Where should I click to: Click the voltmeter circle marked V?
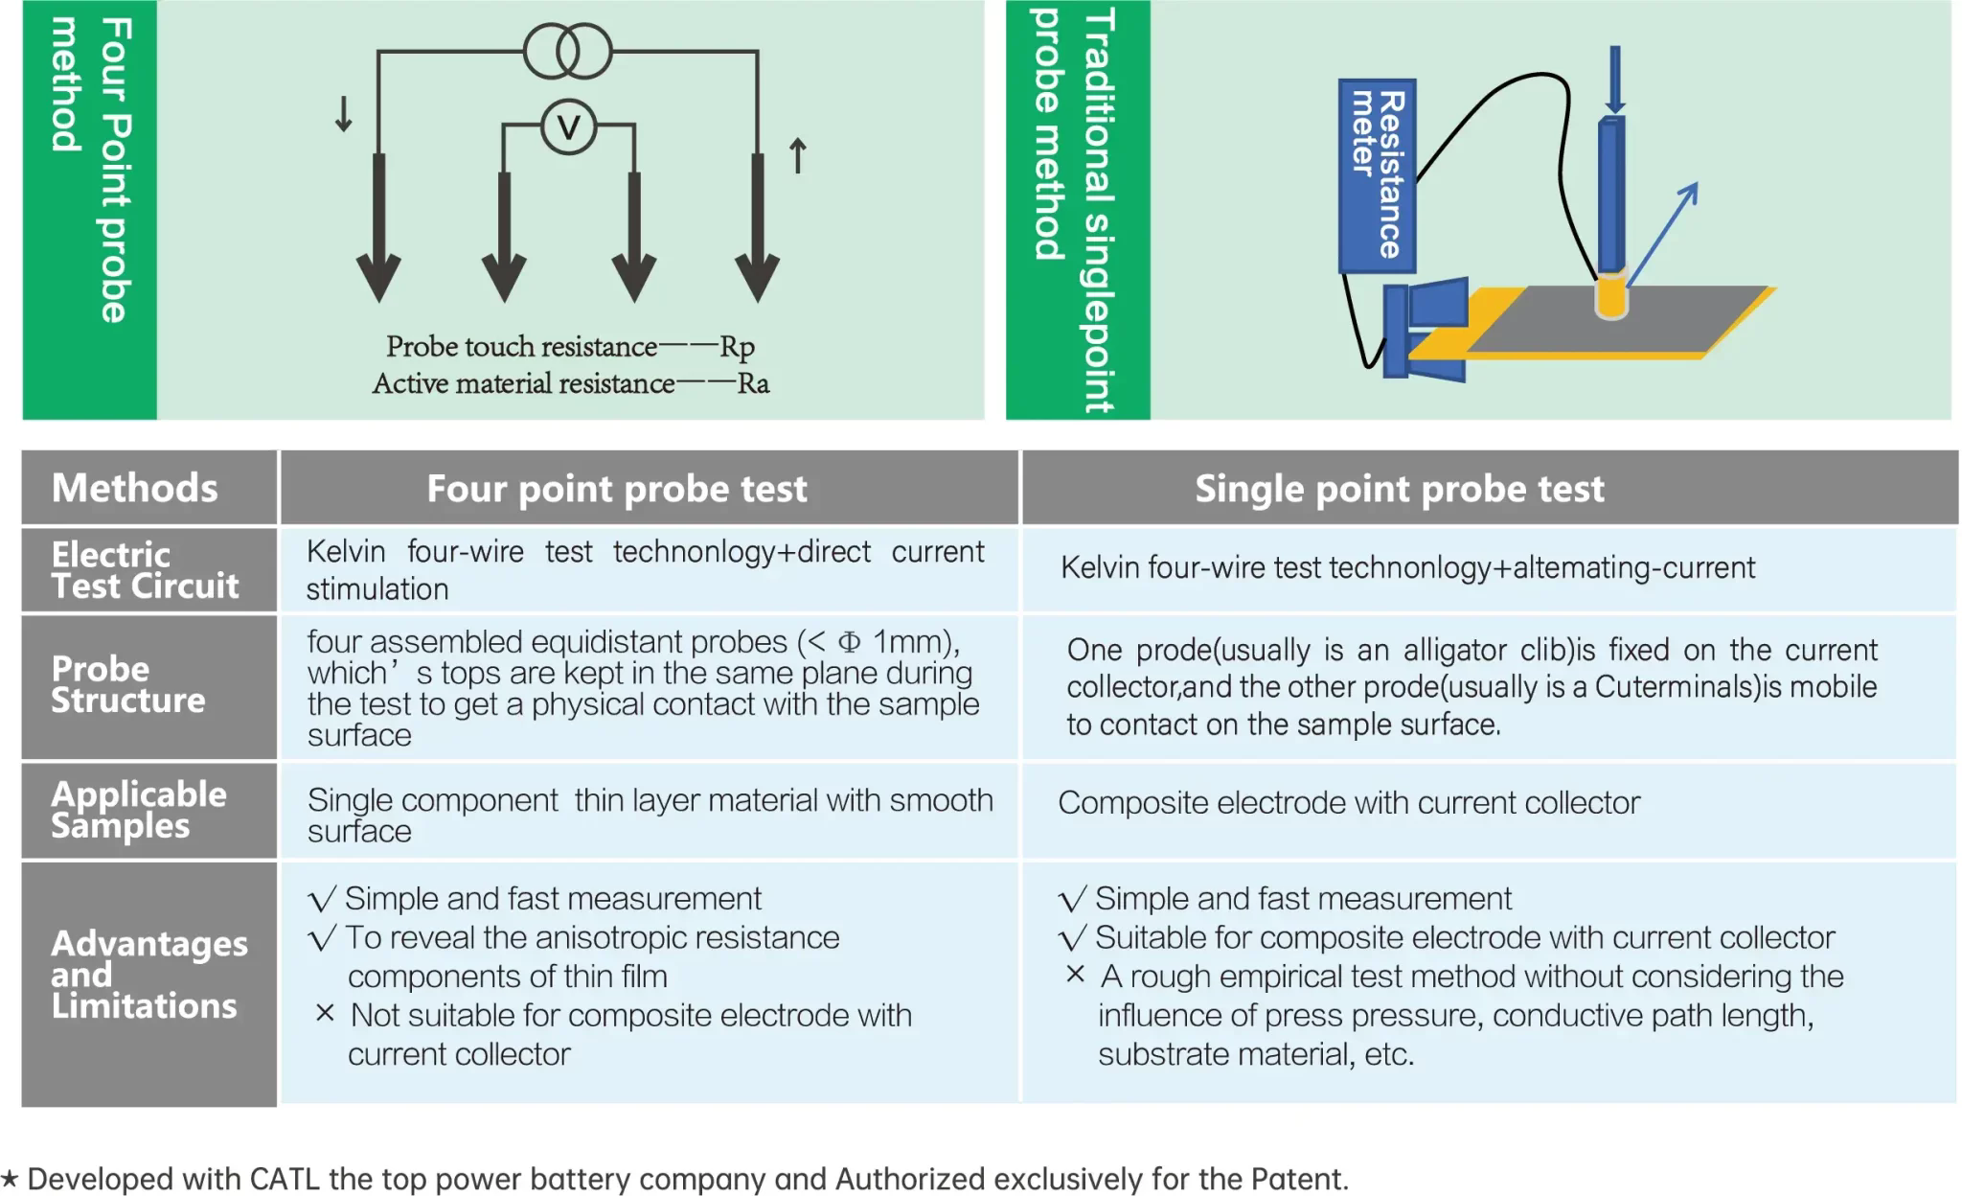(x=568, y=127)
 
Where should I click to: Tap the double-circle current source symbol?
(x=568, y=52)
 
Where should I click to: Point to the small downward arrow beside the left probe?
(x=343, y=114)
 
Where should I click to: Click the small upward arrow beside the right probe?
(x=797, y=156)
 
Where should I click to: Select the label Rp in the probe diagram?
(x=737, y=346)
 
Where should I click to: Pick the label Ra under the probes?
(x=753, y=383)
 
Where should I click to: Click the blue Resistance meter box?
(x=1377, y=175)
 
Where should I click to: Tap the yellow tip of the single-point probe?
(x=1611, y=297)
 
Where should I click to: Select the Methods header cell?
(x=135, y=488)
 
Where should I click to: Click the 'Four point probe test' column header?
(x=617, y=489)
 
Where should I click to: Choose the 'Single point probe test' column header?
(x=1399, y=489)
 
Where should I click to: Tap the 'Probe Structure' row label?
(x=127, y=684)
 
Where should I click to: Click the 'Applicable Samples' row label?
(x=138, y=810)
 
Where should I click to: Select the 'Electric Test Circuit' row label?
(x=144, y=569)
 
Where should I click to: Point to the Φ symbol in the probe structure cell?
(x=849, y=642)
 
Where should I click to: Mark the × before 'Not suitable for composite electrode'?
(x=325, y=1013)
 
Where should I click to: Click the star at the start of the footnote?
(x=10, y=1178)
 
